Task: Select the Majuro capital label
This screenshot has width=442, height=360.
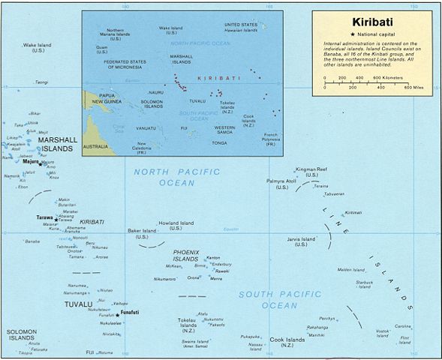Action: coord(31,161)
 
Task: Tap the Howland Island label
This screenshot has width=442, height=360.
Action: coord(176,223)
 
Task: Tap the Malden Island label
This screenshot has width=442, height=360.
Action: coord(350,269)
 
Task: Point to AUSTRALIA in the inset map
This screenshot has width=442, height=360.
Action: coord(95,146)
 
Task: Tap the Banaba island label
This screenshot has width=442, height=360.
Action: coord(32,241)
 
